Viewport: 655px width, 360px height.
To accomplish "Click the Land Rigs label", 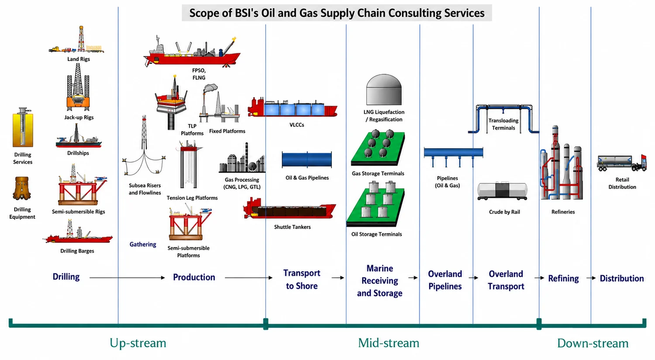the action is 78,59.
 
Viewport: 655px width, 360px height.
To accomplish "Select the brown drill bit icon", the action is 22,188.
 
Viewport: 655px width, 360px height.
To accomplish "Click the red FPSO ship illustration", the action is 192,52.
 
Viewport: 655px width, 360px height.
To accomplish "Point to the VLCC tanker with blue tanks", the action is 293,108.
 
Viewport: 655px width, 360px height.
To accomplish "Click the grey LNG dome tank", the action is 384,90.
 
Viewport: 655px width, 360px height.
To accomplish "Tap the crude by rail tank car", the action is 502,190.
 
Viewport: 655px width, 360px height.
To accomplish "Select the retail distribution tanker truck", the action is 622,163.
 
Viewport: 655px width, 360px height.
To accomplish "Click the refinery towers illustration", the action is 562,163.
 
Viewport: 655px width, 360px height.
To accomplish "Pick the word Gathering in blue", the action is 143,244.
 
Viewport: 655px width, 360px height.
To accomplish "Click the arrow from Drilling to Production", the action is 127,277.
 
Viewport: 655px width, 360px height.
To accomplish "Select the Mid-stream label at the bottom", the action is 389,343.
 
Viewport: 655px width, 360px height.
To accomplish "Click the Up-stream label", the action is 138,343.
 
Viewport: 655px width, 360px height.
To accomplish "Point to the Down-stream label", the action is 593,343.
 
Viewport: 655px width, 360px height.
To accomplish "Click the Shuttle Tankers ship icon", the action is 290,208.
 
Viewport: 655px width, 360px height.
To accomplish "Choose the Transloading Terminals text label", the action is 503,124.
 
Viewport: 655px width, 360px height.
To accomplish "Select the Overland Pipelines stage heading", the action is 445,280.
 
